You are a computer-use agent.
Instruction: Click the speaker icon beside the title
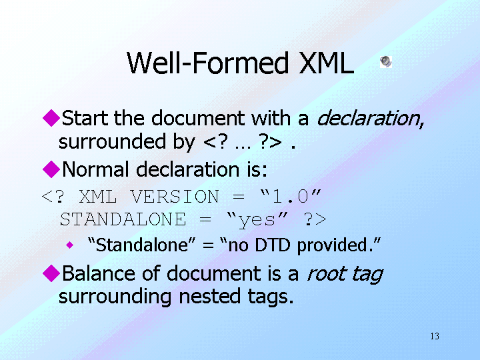386,61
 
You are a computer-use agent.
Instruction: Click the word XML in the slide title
326,63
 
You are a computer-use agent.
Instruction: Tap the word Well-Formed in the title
208,63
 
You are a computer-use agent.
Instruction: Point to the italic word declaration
370,118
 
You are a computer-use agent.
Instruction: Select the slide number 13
435,336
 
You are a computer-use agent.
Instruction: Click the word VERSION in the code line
175,196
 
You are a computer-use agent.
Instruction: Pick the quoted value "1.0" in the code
290,196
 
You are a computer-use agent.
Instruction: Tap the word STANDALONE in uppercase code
123,219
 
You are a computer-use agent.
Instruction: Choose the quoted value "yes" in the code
257,220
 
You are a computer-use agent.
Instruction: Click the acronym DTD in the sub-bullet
272,245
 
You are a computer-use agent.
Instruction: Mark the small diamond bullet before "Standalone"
70,245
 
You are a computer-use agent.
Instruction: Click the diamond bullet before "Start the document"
51,118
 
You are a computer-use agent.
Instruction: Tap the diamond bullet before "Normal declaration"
51,169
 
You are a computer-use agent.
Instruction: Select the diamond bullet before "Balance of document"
51,273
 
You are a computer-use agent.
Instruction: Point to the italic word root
326,274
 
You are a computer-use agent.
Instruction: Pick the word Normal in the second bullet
95,169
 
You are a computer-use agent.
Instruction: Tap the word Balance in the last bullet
99,273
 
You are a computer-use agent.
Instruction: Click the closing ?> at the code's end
315,219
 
